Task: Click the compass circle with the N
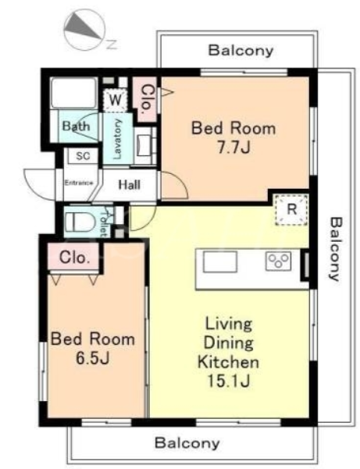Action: click(84, 30)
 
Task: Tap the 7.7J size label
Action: click(233, 147)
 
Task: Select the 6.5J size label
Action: click(92, 358)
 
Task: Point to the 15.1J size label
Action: click(229, 381)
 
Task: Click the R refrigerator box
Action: click(291, 209)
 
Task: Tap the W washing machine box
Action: click(116, 100)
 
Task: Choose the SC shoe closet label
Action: click(83, 156)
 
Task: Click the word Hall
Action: click(130, 184)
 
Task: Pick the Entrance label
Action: click(79, 183)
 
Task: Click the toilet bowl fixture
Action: click(79, 222)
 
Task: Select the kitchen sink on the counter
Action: click(220, 261)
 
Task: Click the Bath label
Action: click(76, 126)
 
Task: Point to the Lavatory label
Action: click(118, 139)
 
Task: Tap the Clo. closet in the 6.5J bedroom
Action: click(75, 258)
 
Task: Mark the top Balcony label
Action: click(241, 50)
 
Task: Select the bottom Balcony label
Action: click(187, 443)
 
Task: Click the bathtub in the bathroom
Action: click(73, 93)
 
